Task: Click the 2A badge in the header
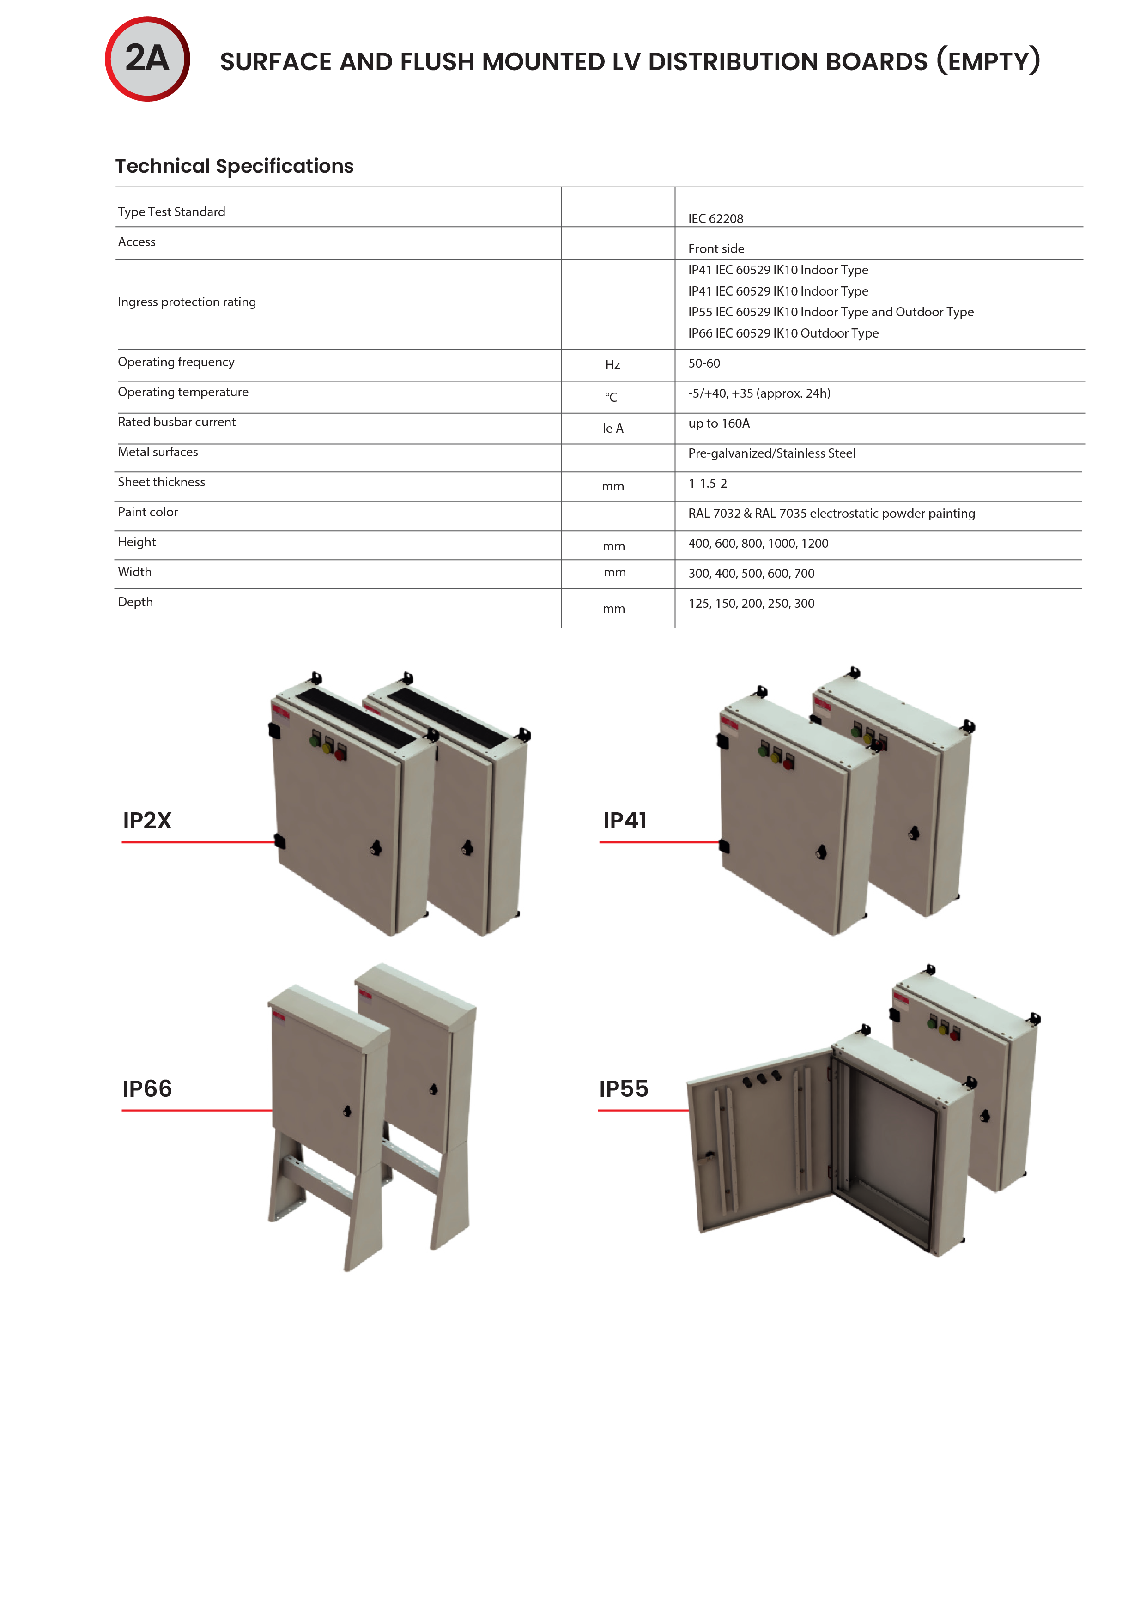point(147,59)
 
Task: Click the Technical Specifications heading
point(234,166)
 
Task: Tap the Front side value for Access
point(716,248)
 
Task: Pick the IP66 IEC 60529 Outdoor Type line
point(783,333)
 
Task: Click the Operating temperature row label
point(183,392)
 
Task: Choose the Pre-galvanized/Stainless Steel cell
point(772,453)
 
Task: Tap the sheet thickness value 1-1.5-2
point(708,484)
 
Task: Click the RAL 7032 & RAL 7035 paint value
point(831,514)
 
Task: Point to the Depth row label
point(135,602)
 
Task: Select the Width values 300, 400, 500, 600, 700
point(752,574)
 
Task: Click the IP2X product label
point(147,821)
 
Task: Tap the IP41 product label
point(625,821)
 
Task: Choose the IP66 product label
point(147,1089)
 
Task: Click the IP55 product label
point(624,1089)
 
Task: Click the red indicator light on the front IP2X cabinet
point(341,754)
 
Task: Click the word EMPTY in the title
point(988,61)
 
